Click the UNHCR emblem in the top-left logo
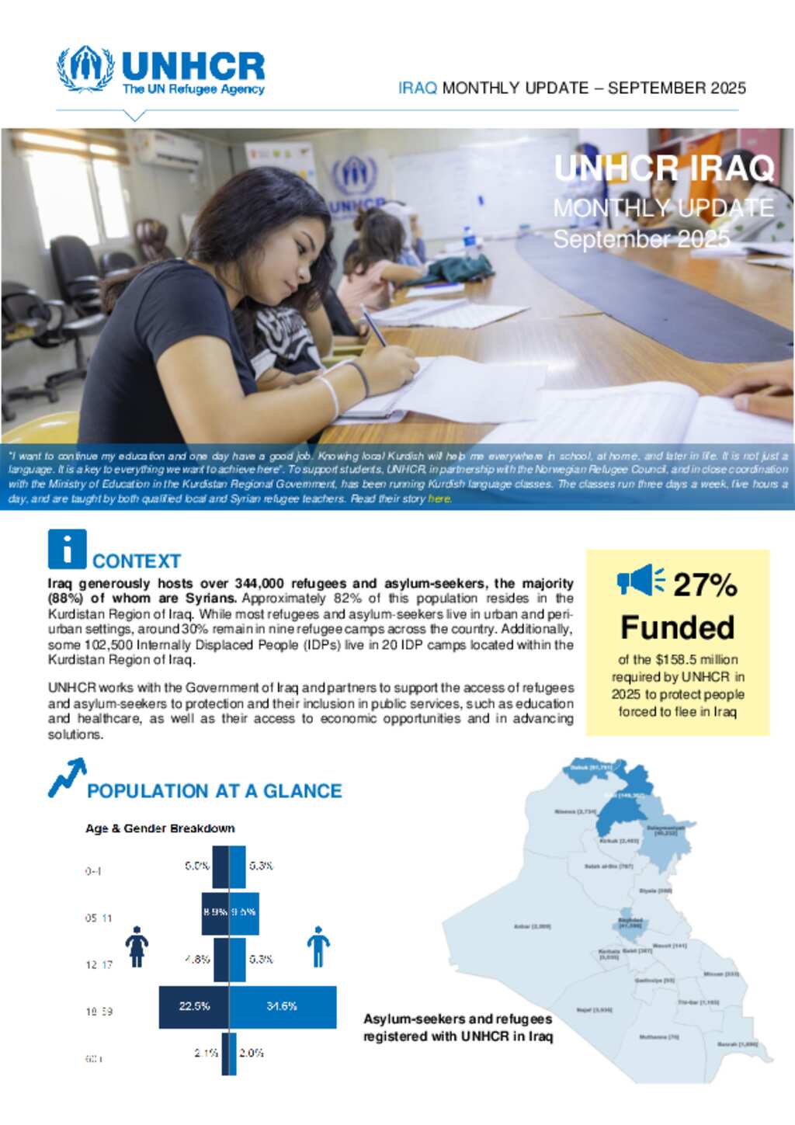pyautogui.click(x=85, y=69)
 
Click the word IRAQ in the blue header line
pyautogui.click(x=417, y=88)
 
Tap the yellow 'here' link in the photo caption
pyautogui.click(x=439, y=498)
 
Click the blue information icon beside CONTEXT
pyautogui.click(x=67, y=549)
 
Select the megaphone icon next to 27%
pyautogui.click(x=641, y=581)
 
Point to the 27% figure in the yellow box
pyautogui.click(x=704, y=585)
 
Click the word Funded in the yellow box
pyautogui.click(x=677, y=627)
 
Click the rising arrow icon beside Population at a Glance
pyautogui.click(x=67, y=778)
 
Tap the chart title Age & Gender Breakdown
pyautogui.click(x=160, y=828)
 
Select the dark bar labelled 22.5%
pyautogui.click(x=194, y=1007)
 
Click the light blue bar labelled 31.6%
pyautogui.click(x=283, y=1007)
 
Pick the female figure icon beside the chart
pyautogui.click(x=137, y=946)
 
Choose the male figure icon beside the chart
pyautogui.click(x=318, y=946)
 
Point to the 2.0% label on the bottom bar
pyautogui.click(x=251, y=1053)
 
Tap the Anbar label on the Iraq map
pyautogui.click(x=533, y=926)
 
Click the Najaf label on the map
pyautogui.click(x=594, y=1010)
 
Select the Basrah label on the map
pyautogui.click(x=737, y=1044)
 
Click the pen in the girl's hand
pyautogui.click(x=373, y=325)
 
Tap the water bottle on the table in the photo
pyautogui.click(x=470, y=242)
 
